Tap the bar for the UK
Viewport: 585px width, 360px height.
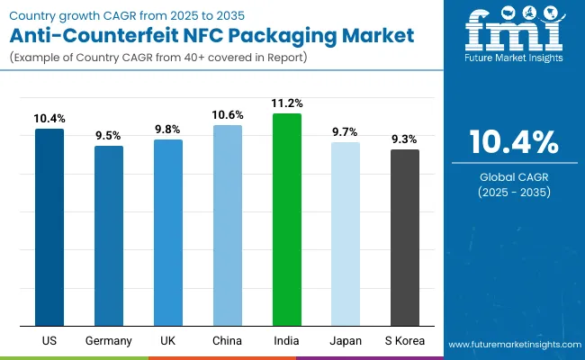pyautogui.click(x=168, y=232)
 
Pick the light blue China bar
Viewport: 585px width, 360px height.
pyautogui.click(x=227, y=225)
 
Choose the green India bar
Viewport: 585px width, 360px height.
pyautogui.click(x=286, y=220)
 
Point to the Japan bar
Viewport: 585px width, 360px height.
pyautogui.click(x=346, y=234)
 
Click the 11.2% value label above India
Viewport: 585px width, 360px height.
pyautogui.click(x=286, y=103)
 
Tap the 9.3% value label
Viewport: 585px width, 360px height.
pyautogui.click(x=404, y=139)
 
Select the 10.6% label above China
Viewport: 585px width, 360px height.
pyautogui.click(x=227, y=114)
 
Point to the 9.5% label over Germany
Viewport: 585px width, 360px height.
pyautogui.click(x=109, y=135)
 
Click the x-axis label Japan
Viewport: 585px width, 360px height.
pyautogui.click(x=346, y=341)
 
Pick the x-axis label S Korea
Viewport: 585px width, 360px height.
pyautogui.click(x=404, y=341)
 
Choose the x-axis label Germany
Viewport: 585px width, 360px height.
pyautogui.click(x=109, y=341)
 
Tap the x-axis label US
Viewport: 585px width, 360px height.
pyautogui.click(x=49, y=341)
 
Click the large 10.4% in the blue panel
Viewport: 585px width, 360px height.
pyautogui.click(x=514, y=142)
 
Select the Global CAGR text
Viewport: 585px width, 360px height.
pyautogui.click(x=514, y=175)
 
